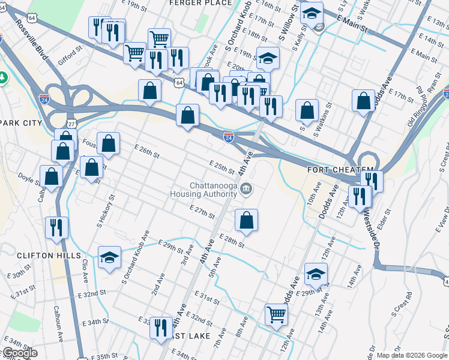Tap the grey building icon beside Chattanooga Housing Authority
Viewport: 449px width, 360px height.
[x=246, y=190]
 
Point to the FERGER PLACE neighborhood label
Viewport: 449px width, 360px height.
[x=200, y=3]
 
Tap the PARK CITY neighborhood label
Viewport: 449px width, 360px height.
[x=21, y=123]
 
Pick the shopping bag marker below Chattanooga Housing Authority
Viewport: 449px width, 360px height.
[x=246, y=221]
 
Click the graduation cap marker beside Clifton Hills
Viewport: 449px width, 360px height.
[x=110, y=258]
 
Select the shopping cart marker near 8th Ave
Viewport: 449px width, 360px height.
[x=276, y=314]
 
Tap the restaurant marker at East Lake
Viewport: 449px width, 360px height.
[x=160, y=328]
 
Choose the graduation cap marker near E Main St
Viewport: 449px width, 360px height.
[x=312, y=13]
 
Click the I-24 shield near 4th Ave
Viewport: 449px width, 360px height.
[x=229, y=137]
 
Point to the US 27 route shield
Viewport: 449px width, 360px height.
[x=71, y=124]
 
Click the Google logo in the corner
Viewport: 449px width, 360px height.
[x=19, y=353]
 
